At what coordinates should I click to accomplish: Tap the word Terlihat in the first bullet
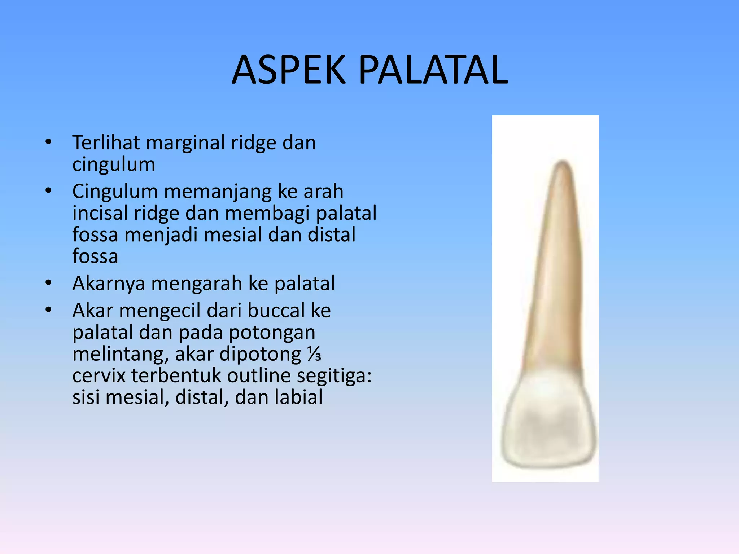106,142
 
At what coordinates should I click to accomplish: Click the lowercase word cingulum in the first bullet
114,165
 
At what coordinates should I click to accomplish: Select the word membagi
267,214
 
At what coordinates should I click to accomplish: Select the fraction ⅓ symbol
314,354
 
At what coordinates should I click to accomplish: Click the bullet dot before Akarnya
48,283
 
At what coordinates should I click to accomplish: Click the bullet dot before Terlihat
48,142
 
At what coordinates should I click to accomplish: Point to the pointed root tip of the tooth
562,163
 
